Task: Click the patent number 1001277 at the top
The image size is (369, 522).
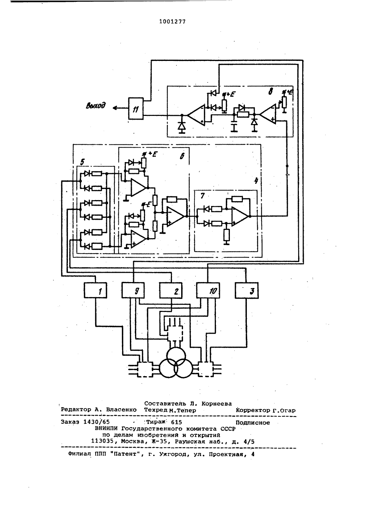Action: tap(172, 22)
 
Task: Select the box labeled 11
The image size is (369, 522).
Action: tap(136, 109)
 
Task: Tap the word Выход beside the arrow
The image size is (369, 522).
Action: tap(96, 106)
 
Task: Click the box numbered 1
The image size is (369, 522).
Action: tap(95, 291)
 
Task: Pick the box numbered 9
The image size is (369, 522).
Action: tap(133, 291)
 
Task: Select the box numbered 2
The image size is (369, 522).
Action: tap(171, 291)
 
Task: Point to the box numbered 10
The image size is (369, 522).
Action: tap(208, 291)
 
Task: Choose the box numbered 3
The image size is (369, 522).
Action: tap(246, 291)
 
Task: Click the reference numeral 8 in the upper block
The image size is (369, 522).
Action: tap(270, 91)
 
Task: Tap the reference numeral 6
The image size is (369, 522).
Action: tap(182, 156)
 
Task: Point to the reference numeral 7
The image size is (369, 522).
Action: tap(202, 196)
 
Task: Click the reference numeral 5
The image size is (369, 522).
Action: tap(82, 162)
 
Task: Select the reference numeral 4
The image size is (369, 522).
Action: tap(256, 181)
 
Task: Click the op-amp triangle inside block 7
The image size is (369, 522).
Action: tap(239, 216)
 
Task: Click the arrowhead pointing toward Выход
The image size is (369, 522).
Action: tap(115, 108)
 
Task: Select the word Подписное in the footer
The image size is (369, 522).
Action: tap(253, 423)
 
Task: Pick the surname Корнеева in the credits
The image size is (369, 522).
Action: tap(216, 403)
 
